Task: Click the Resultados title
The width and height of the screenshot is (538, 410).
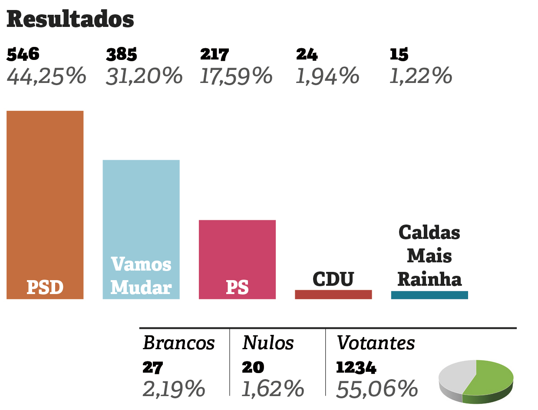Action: pos(70,20)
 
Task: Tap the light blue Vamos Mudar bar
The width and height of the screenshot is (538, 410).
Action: pos(141,208)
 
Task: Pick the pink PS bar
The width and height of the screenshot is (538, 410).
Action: pos(237,252)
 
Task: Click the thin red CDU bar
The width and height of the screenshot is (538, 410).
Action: pos(333,294)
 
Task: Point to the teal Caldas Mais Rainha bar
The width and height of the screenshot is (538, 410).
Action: pos(429,295)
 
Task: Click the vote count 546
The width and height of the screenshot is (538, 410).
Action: pos(23,55)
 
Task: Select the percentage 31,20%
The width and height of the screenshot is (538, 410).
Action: pos(144,76)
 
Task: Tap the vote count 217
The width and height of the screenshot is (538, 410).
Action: pos(215,55)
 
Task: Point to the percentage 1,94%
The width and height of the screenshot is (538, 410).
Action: pos(327,76)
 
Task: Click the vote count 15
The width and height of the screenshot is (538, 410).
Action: pos(399,55)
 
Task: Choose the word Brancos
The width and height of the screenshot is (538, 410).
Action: pos(179,343)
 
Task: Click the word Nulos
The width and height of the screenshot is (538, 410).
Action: pos(268,343)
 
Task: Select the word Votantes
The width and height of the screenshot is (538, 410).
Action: pos(376,343)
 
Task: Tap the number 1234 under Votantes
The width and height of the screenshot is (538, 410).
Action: pos(356,368)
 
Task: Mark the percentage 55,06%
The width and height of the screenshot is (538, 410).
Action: pos(377,389)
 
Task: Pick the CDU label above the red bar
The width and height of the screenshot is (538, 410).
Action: pos(333,279)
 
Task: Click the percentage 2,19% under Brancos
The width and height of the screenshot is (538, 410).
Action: pos(174,389)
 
